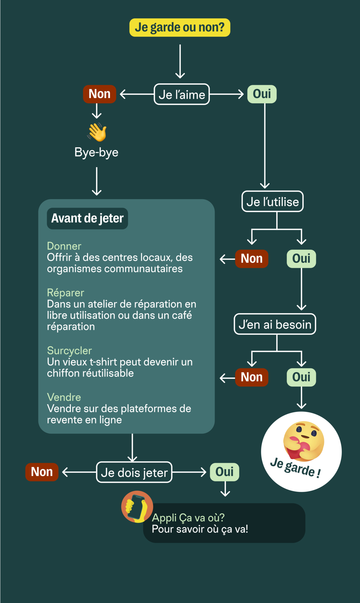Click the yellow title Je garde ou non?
(x=180, y=27)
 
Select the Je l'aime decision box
(x=182, y=94)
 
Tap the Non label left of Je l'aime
(x=99, y=94)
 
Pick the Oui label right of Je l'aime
(x=262, y=94)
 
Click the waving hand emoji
(x=97, y=132)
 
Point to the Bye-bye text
(x=97, y=153)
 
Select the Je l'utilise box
(x=273, y=202)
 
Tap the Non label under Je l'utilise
(x=252, y=259)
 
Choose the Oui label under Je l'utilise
(x=301, y=259)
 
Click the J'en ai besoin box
(x=275, y=324)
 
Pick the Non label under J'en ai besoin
(x=252, y=377)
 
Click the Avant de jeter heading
(x=87, y=218)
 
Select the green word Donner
(x=64, y=246)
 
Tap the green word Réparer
(x=66, y=293)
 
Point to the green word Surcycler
(x=69, y=351)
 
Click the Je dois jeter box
(x=134, y=472)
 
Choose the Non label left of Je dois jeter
(x=42, y=472)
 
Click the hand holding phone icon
(x=137, y=507)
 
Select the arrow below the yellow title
(x=180, y=61)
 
